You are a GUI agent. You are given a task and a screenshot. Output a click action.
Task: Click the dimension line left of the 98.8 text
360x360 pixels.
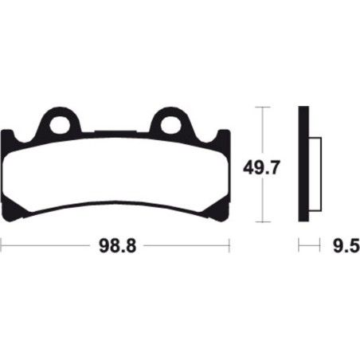(48, 247)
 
